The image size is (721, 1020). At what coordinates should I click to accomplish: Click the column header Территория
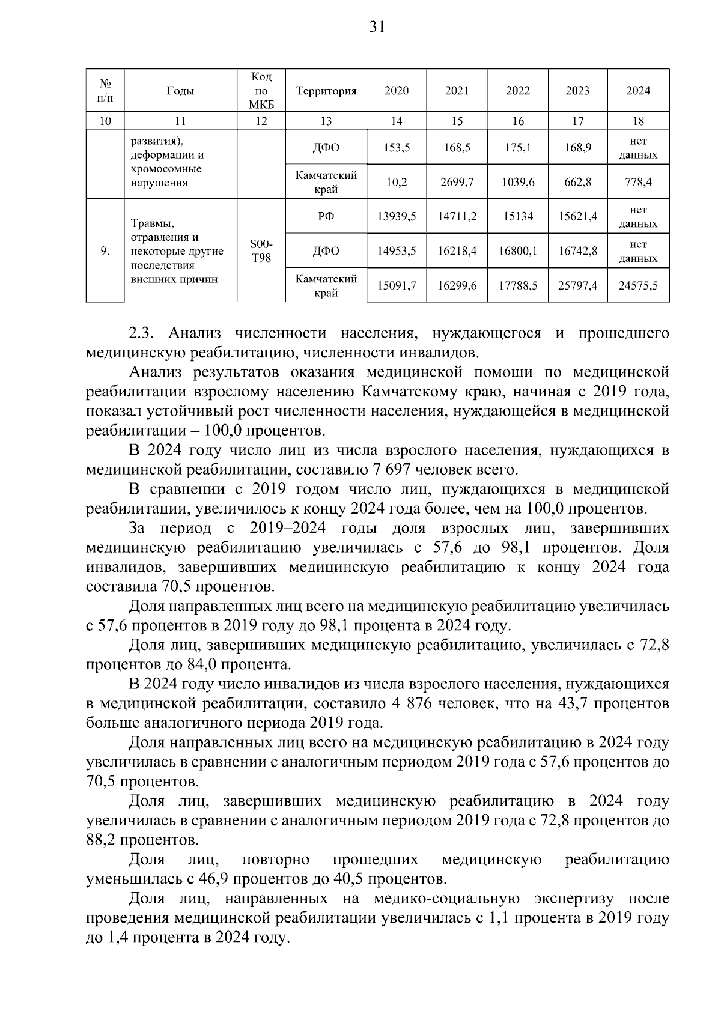coord(326,91)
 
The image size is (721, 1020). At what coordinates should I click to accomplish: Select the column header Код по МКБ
coord(261,91)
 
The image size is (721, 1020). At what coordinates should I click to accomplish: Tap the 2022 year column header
coord(517,91)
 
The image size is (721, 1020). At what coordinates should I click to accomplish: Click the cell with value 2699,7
coord(457,182)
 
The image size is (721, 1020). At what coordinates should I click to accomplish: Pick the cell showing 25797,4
coord(577,285)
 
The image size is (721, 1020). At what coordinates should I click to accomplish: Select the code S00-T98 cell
coord(261,251)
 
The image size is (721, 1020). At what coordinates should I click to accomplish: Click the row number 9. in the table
coord(105,251)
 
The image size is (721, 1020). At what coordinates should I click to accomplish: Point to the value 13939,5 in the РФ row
coord(396,216)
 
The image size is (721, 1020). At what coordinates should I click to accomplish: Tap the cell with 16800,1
coord(517,251)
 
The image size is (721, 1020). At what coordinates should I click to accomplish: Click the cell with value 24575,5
coord(638,285)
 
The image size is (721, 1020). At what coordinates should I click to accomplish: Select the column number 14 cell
coord(396,121)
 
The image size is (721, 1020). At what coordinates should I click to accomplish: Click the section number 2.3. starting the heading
coord(143,333)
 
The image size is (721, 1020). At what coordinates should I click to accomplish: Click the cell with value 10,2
coord(396,182)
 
